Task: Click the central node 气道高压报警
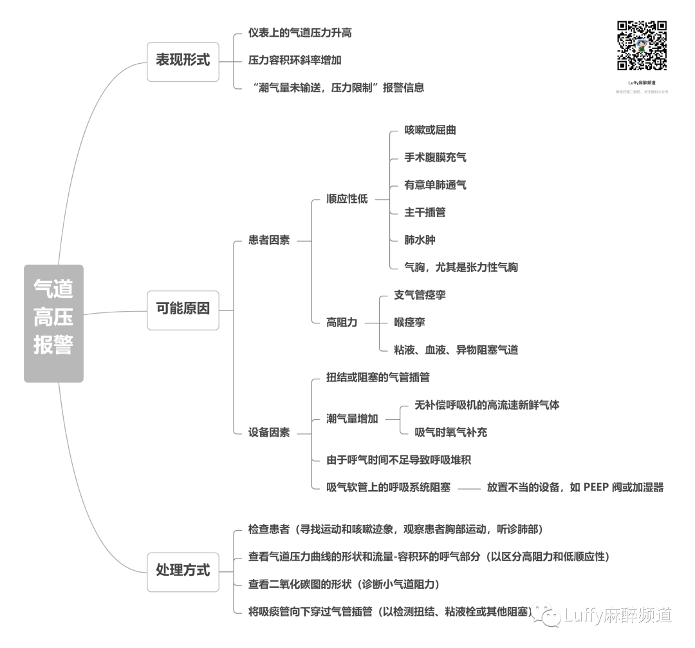pyautogui.click(x=53, y=323)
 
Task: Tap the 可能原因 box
pyautogui.click(x=183, y=309)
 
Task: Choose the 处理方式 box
pyautogui.click(x=183, y=571)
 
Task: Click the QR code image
pyautogui.click(x=642, y=46)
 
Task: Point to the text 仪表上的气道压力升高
pyautogui.click(x=300, y=33)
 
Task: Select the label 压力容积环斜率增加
pyautogui.click(x=295, y=61)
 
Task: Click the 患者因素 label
pyautogui.click(x=269, y=240)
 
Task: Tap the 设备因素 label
pyautogui.click(x=269, y=432)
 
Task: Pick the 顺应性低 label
pyautogui.click(x=347, y=199)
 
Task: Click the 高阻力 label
pyautogui.click(x=342, y=322)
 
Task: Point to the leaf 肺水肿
pyautogui.click(x=420, y=240)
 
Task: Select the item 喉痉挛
pyautogui.click(x=409, y=322)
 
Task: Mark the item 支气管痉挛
pyautogui.click(x=420, y=295)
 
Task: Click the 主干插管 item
pyautogui.click(x=425, y=213)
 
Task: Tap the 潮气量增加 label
pyautogui.click(x=352, y=419)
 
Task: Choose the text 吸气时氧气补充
pyautogui.click(x=450, y=432)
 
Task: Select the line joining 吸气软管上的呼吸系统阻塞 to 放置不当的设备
pyautogui.click(x=468, y=488)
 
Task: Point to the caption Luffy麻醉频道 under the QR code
pyautogui.click(x=642, y=83)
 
